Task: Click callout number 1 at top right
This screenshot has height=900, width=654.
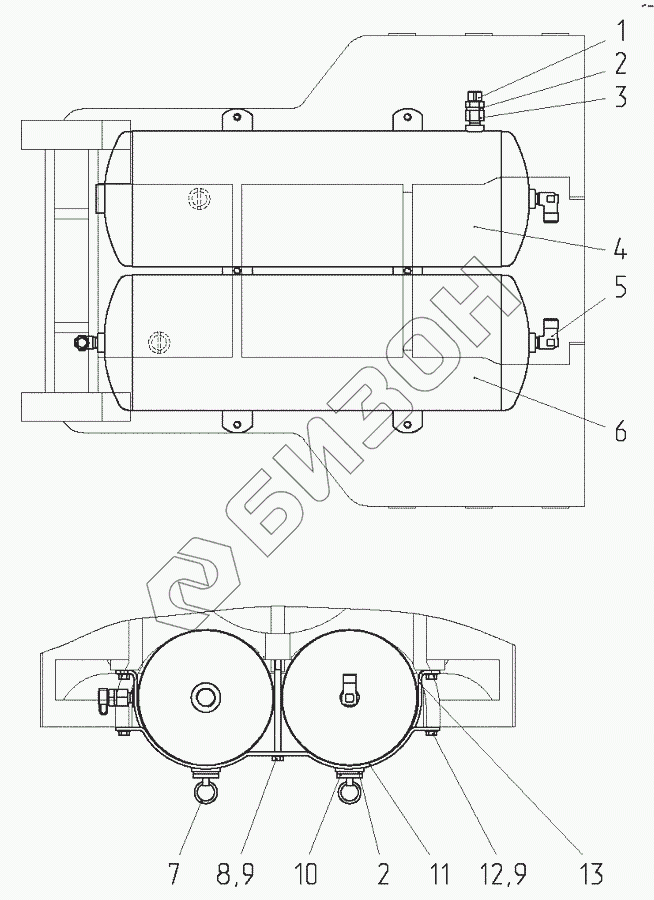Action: click(x=620, y=32)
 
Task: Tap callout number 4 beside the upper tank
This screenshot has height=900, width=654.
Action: click(x=620, y=250)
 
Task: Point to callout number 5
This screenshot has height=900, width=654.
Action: click(x=620, y=288)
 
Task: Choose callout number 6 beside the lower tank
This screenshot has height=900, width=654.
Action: click(x=620, y=430)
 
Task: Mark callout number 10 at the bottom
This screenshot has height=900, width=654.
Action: click(x=306, y=875)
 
